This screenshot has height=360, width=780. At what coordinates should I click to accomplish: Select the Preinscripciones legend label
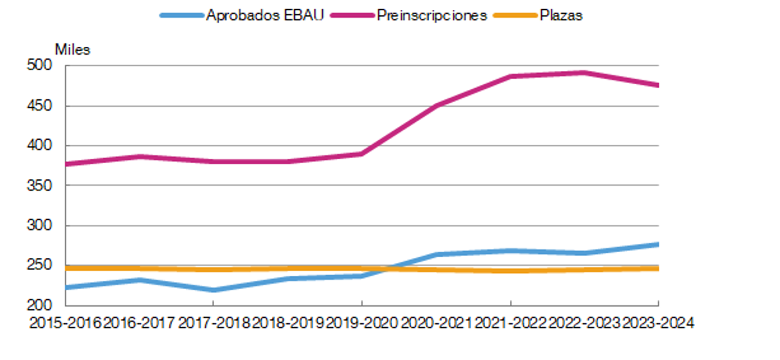click(432, 16)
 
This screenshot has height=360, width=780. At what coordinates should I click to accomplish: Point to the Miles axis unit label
click(73, 50)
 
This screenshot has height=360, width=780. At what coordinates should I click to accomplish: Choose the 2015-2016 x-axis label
click(65, 323)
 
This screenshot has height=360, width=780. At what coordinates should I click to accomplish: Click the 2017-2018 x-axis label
click(214, 323)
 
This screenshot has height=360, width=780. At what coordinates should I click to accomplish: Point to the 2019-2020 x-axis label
click(362, 323)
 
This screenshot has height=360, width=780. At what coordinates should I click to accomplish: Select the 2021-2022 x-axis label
click(510, 323)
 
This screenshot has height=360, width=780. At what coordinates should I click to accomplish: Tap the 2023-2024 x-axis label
click(657, 323)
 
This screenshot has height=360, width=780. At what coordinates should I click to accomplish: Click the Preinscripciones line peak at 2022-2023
click(584, 73)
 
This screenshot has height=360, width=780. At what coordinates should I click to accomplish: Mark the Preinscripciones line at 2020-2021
click(436, 106)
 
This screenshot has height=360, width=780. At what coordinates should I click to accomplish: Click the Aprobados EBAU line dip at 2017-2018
click(213, 290)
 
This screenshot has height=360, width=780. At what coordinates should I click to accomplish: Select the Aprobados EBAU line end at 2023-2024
click(657, 245)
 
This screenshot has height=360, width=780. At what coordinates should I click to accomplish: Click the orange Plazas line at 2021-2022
click(510, 271)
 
